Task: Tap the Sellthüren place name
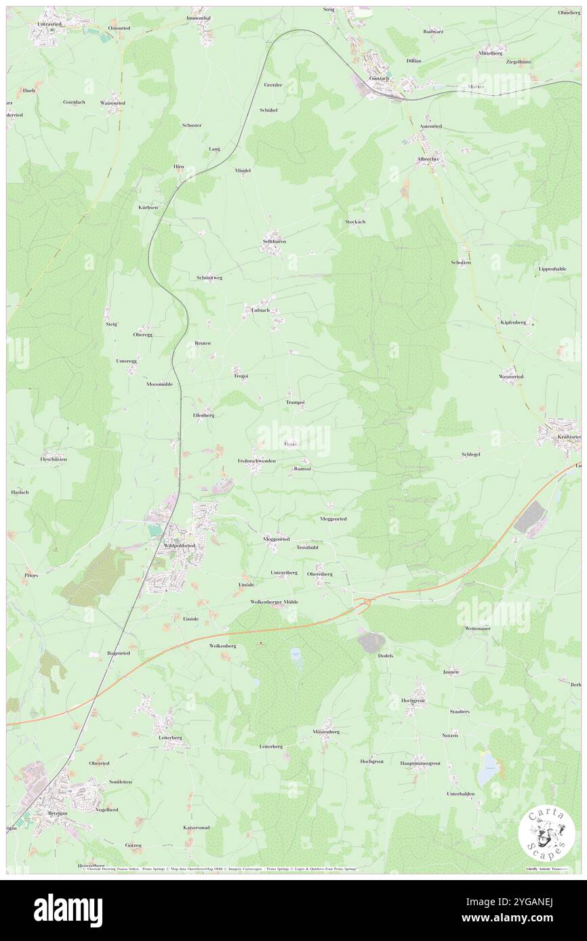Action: (x=275, y=241)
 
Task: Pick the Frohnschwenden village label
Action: (x=256, y=460)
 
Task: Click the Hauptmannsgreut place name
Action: (x=420, y=763)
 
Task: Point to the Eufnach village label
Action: (x=261, y=310)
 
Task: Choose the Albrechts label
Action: (x=428, y=159)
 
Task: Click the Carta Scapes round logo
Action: (x=546, y=833)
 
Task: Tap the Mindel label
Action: (x=243, y=171)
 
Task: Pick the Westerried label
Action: (x=510, y=376)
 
